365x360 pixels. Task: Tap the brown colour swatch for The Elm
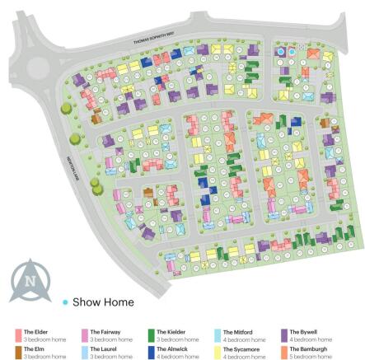(18, 352)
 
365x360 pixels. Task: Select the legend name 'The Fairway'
(103, 331)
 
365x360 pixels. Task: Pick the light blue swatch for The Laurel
(85, 352)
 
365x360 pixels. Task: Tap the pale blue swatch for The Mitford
(218, 334)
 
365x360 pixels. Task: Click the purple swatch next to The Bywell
(284, 334)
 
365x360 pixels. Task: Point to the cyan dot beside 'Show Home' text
(65, 302)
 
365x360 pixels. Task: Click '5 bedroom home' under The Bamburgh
(307, 356)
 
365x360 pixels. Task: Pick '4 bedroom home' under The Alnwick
(173, 356)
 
